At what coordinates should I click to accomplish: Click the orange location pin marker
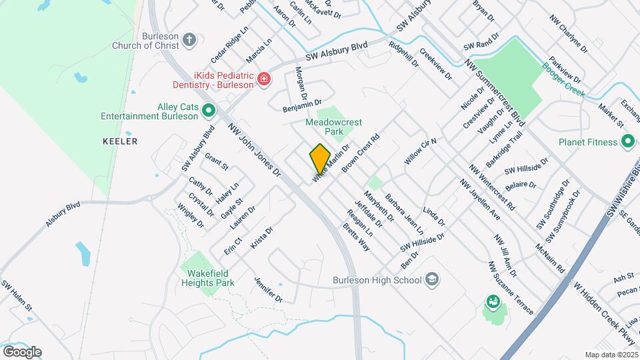tap(320, 159)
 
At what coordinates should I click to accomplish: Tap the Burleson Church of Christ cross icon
tap(189, 39)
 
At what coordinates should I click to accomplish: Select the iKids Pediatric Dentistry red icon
tap(264, 80)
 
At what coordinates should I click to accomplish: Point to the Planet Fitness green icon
tap(627, 141)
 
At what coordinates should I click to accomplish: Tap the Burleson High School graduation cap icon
tap(432, 279)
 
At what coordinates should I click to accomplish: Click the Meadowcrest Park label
tap(333, 127)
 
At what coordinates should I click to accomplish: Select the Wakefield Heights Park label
tap(208, 278)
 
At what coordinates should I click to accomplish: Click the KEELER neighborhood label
tap(120, 141)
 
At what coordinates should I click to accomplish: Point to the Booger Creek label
tap(563, 79)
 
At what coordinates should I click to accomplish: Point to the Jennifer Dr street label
tap(268, 289)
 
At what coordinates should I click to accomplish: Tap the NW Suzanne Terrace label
tap(511, 287)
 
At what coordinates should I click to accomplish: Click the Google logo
tap(22, 351)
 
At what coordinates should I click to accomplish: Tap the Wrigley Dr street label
tap(191, 216)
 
